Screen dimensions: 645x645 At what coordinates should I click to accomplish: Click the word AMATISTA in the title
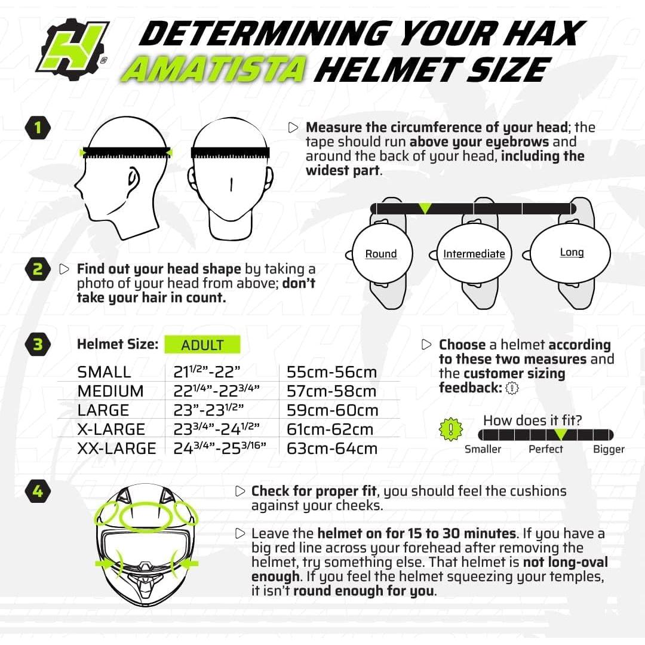[214, 70]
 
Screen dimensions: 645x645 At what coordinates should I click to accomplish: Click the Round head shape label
[381, 254]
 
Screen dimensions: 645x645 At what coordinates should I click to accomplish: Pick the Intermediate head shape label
[474, 254]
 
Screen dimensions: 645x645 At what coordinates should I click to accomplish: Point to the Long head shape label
[572, 253]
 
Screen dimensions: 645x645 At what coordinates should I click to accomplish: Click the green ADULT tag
[202, 345]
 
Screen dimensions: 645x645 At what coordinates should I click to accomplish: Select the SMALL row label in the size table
[104, 372]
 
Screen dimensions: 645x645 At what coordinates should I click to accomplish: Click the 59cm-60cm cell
[332, 410]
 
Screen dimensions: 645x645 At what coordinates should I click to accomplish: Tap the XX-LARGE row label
[116, 449]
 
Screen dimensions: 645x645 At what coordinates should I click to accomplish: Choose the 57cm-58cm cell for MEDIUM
[331, 391]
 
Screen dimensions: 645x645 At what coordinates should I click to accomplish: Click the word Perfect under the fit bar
[546, 449]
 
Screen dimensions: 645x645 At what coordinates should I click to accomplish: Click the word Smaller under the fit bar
[483, 449]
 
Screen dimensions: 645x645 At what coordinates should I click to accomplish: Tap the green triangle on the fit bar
[560, 434]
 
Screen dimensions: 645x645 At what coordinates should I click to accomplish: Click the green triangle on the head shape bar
[425, 208]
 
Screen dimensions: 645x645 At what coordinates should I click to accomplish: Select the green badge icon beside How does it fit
[451, 429]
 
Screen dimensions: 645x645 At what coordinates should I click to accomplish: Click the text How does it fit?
[532, 420]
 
